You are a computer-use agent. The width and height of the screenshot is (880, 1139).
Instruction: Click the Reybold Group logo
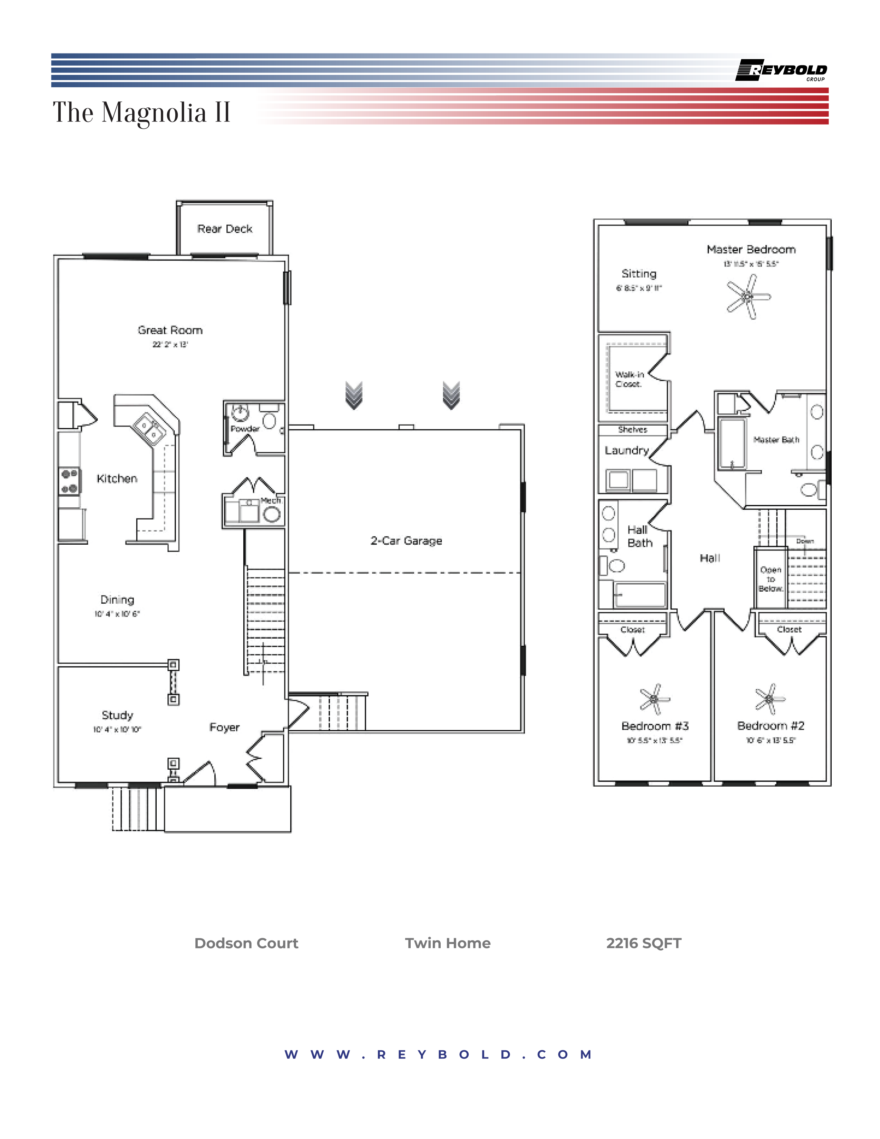click(x=781, y=70)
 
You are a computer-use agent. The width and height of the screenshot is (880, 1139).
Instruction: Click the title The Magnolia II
click(x=141, y=113)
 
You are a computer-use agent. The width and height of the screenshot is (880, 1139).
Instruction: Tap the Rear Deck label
click(x=225, y=229)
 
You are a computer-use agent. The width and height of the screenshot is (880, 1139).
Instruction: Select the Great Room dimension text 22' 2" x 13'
click(x=170, y=344)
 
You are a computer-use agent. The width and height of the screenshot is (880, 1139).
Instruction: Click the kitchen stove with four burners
click(x=69, y=481)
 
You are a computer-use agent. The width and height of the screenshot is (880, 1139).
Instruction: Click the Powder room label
click(x=245, y=429)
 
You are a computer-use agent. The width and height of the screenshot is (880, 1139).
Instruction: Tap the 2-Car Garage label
click(x=406, y=541)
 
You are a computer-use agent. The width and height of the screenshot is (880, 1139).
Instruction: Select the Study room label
click(x=117, y=715)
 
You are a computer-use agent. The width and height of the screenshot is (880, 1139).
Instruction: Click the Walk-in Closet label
click(x=629, y=379)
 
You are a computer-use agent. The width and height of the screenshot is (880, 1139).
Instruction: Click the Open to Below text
click(x=771, y=579)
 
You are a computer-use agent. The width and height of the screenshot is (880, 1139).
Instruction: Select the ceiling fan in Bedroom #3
click(x=654, y=699)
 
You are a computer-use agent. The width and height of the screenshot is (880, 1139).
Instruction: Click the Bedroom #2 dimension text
click(x=770, y=740)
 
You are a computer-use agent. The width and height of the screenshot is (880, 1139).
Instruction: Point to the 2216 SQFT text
click(x=643, y=943)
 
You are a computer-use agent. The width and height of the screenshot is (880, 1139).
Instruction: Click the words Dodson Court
click(x=246, y=943)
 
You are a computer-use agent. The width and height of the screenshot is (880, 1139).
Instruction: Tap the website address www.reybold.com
click(x=438, y=1054)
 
